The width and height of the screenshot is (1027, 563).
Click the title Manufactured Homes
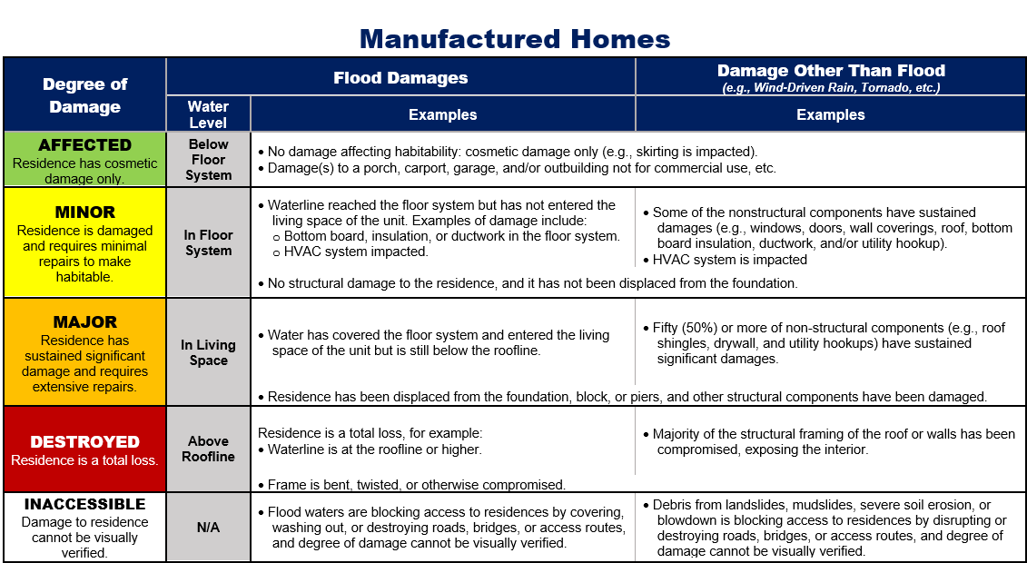(514, 39)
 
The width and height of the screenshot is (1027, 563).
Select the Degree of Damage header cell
(85, 95)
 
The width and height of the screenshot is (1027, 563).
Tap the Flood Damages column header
(400, 78)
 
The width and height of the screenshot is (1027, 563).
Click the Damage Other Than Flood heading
(831, 71)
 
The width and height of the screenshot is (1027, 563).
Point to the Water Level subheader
(208, 114)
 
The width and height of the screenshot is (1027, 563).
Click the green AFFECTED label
(85, 145)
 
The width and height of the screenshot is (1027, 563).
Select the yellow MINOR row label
(85, 212)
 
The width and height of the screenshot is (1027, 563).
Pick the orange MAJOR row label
(85, 322)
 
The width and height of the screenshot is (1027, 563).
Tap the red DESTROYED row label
(85, 442)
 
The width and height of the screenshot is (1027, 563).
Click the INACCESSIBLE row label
(85, 505)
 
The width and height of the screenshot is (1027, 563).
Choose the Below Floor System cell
(208, 160)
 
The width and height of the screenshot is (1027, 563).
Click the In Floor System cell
(208, 242)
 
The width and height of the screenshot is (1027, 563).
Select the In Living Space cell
(208, 352)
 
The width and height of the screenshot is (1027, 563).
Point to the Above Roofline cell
(208, 449)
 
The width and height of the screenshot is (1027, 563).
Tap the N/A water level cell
(208, 527)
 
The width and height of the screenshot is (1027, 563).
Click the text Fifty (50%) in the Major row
(696, 328)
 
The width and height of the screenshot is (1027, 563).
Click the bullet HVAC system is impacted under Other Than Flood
(729, 260)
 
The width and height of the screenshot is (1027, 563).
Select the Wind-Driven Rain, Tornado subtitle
(831, 88)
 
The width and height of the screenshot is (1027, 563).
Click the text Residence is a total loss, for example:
(370, 433)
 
